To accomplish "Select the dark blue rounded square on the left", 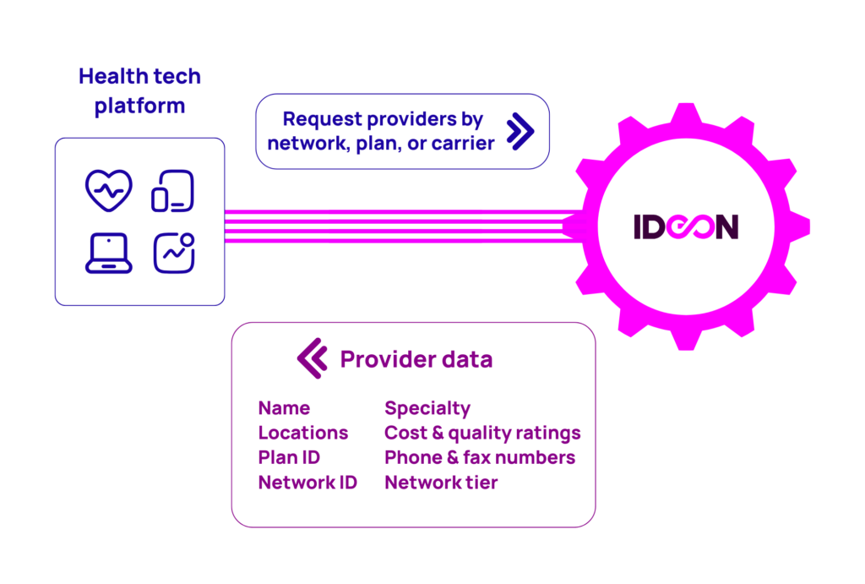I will click(x=139, y=224).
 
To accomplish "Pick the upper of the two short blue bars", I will click(x=160, y=81).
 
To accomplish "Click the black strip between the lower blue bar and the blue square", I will click(x=169, y=128).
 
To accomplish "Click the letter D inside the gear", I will click(x=656, y=228).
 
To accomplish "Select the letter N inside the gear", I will click(x=723, y=228).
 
